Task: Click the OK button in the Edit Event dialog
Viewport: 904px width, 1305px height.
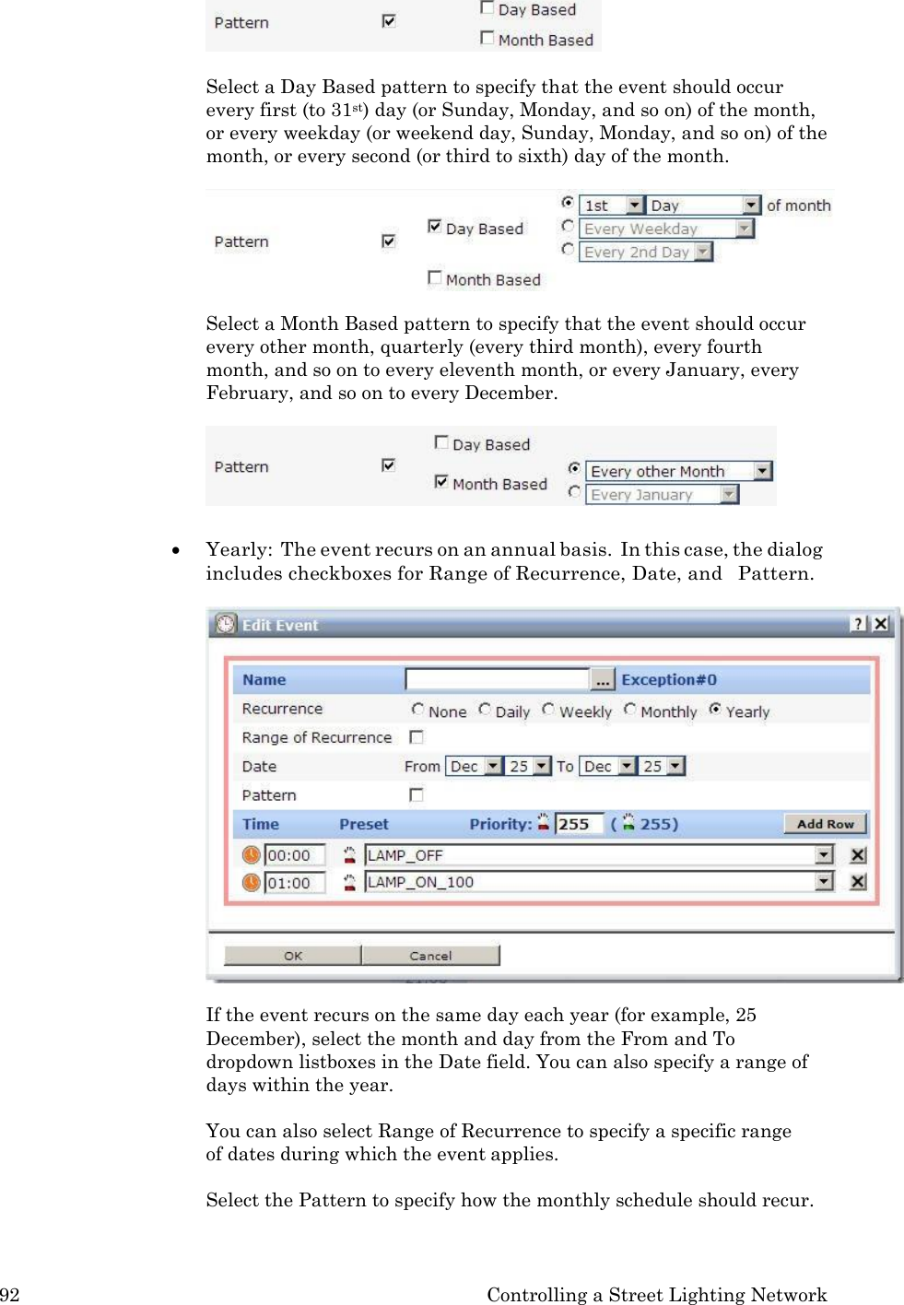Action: [292, 956]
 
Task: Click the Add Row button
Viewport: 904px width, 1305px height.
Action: [825, 824]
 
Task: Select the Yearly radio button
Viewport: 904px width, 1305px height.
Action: [715, 710]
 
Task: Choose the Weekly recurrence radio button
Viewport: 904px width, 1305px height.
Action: [548, 710]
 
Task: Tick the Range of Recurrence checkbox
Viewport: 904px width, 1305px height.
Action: [417, 737]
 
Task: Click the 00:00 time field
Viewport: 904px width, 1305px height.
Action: [294, 855]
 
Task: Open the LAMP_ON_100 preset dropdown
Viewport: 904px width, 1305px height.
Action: [824, 882]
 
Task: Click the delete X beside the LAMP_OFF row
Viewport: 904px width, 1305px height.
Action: [858, 855]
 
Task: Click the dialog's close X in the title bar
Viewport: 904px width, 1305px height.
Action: [881, 624]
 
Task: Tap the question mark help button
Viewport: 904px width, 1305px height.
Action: [858, 624]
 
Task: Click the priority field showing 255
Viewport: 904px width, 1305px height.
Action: [579, 824]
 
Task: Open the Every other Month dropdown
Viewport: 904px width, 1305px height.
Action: [762, 471]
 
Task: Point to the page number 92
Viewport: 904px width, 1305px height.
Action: [10, 1295]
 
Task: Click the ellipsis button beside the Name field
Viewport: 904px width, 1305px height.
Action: [603, 680]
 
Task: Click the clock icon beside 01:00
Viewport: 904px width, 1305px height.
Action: [251, 883]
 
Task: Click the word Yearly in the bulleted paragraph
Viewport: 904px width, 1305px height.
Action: [238, 550]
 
